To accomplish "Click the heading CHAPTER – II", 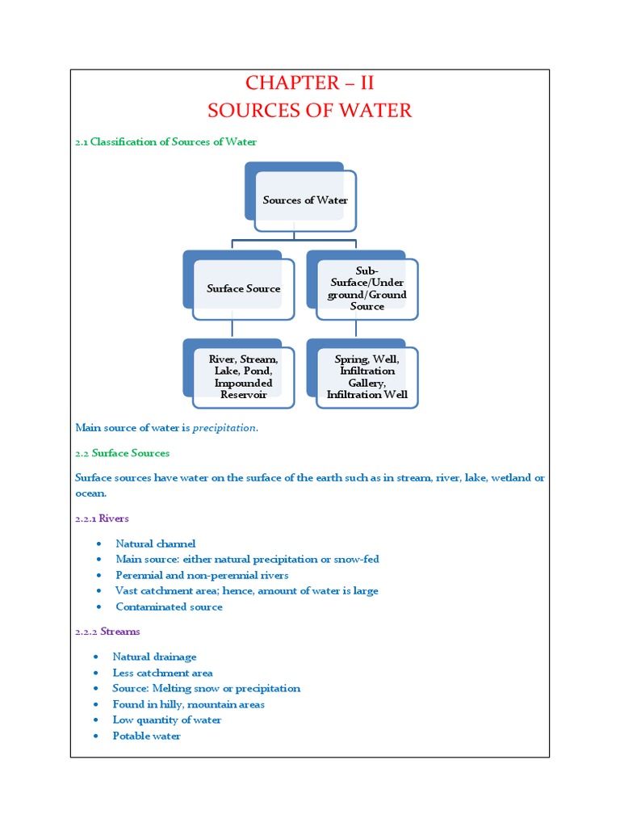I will point(309,83).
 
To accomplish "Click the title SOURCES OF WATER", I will point(309,111).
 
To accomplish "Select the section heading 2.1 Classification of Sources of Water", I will point(165,142).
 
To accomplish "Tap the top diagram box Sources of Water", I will point(305,199).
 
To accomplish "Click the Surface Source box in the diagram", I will point(243,288).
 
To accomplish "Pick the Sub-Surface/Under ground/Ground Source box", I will point(367,289).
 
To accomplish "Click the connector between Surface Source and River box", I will point(232,328).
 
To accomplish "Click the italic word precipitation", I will point(225,428).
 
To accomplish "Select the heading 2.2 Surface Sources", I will point(122,453).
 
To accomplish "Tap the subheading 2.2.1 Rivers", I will point(102,518).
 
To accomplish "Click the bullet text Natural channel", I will point(156,544).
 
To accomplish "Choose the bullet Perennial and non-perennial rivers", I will point(202,575).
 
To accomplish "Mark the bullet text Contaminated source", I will point(169,607).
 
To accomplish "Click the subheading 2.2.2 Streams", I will point(107,632).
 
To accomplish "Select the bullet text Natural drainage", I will point(154,657).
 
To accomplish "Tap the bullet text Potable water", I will point(146,736).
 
